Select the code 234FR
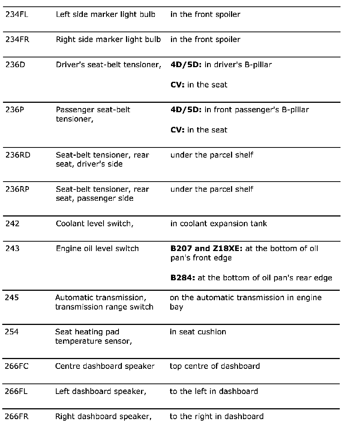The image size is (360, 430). (17, 40)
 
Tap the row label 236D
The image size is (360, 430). (15, 65)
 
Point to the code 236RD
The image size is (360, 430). (18, 155)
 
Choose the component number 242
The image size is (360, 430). (12, 224)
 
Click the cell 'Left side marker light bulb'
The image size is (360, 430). (105, 15)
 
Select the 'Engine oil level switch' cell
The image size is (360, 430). (97, 249)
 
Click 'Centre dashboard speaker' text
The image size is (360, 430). (105, 366)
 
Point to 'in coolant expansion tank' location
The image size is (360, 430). (219, 224)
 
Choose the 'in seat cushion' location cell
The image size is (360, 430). (198, 332)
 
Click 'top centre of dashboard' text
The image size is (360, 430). (214, 366)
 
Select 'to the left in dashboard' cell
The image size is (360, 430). (214, 391)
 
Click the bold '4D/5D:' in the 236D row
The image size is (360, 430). (186, 65)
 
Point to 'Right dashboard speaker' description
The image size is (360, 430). (103, 416)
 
